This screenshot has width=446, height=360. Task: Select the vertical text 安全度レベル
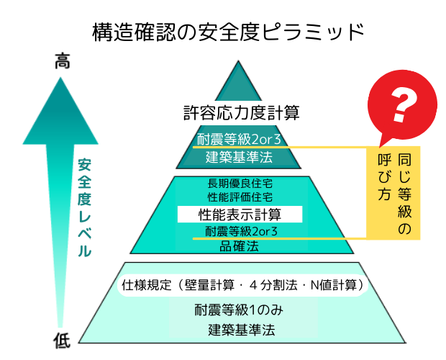coord(85,208)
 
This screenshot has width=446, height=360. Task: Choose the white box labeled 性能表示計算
coord(239,214)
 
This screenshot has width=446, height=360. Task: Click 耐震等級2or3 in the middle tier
coord(241,231)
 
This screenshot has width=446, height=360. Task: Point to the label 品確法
coord(239,246)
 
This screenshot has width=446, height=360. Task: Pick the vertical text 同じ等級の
coord(404,193)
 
